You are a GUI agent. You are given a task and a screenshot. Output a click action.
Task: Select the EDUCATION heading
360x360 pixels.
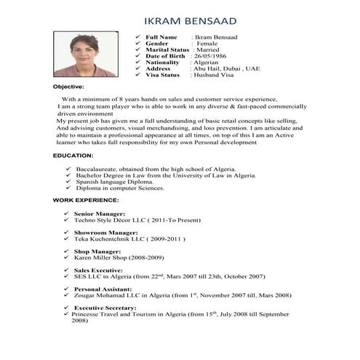pyautogui.click(x=73, y=156)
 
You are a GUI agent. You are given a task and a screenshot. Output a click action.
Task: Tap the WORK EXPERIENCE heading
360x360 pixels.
pyautogui.click(x=86, y=199)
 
